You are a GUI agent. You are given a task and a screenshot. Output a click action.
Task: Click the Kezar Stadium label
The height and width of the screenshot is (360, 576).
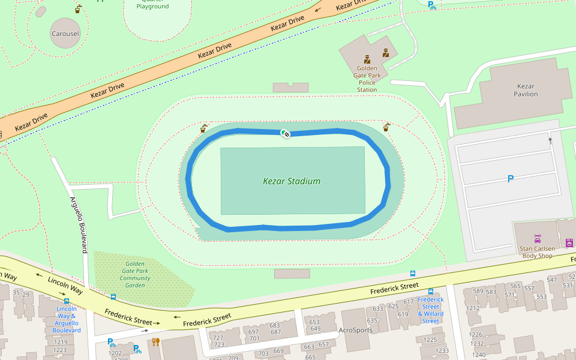pyautogui.click(x=292, y=181)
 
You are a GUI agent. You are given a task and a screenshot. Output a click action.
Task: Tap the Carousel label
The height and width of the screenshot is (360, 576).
pyautogui.click(x=65, y=34)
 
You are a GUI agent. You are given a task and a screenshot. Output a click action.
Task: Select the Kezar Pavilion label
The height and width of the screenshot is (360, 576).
pyautogui.click(x=526, y=90)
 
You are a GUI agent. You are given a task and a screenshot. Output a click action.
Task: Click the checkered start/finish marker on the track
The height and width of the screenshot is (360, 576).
pyautogui.click(x=286, y=134)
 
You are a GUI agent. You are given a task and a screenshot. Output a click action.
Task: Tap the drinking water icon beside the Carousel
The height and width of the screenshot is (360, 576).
pyautogui.click(x=79, y=9)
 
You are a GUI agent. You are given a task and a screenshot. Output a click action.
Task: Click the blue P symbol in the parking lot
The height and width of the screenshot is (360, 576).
pyautogui.click(x=511, y=179)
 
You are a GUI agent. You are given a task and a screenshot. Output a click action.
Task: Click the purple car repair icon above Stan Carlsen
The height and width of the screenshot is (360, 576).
pyautogui.click(x=537, y=239)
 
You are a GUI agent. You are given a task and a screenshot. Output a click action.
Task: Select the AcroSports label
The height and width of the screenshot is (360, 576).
pyautogui.click(x=355, y=330)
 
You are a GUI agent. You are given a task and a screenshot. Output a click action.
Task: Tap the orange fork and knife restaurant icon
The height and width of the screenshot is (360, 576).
pyautogui.click(x=156, y=342)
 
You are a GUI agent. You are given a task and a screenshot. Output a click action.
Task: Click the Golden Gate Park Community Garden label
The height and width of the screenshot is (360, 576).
pyautogui.click(x=135, y=275)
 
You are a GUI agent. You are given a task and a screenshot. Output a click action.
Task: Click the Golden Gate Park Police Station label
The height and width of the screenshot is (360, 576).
pyautogui.click(x=367, y=79)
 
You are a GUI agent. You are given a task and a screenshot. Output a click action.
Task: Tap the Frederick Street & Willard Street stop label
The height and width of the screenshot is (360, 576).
pyautogui.click(x=431, y=310)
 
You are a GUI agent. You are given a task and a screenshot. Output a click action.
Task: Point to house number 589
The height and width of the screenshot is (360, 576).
pyautogui.click(x=478, y=292)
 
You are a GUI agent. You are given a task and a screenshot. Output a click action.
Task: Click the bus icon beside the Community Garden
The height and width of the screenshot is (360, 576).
pyautogui.click(x=113, y=296)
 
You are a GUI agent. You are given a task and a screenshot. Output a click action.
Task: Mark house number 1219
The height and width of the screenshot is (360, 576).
pyautogui.click(x=60, y=342)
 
